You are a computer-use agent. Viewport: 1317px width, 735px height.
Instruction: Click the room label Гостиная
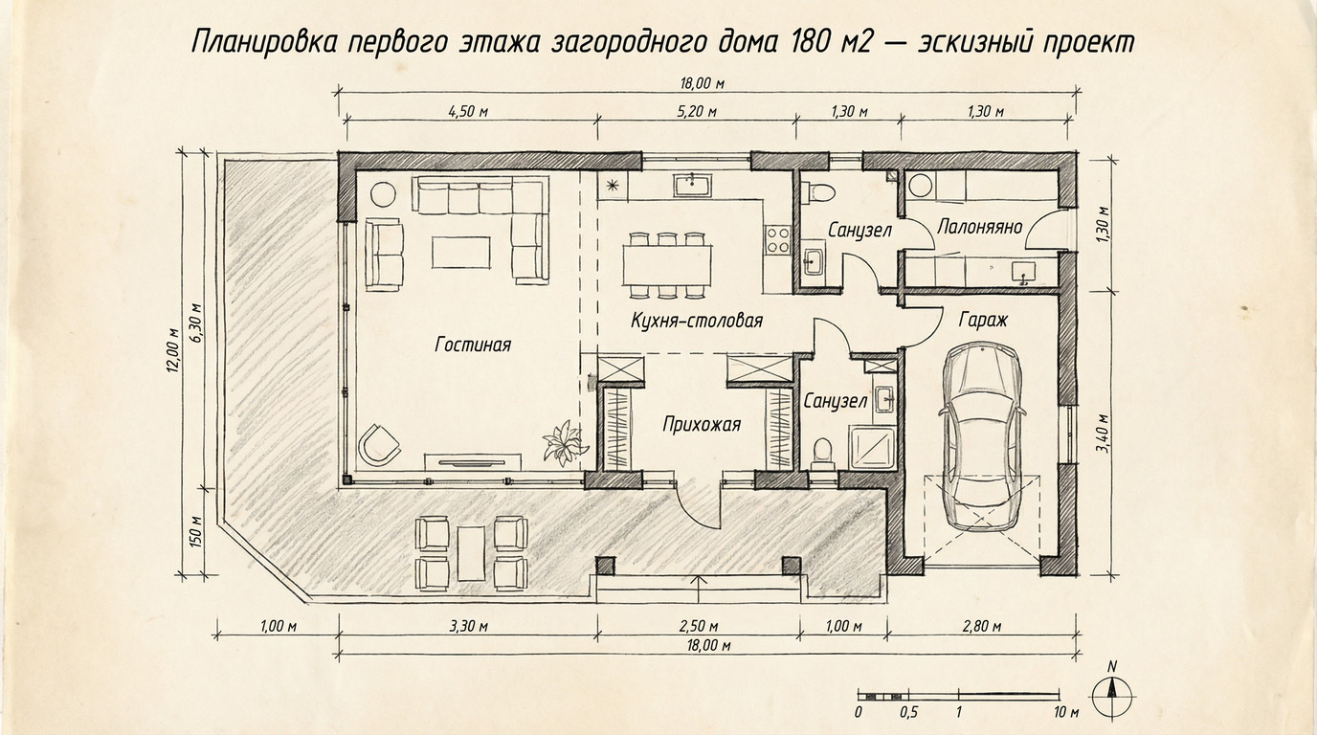click(473, 345)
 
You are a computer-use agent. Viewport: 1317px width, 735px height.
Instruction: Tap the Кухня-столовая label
click(697, 320)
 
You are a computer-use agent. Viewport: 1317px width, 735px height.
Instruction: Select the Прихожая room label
click(702, 424)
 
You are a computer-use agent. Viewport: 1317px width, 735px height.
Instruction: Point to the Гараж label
click(983, 320)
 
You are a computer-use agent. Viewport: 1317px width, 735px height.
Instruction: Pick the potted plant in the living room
click(565, 442)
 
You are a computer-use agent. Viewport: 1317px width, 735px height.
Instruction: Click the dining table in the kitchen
click(667, 264)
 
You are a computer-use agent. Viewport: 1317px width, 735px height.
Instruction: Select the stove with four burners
click(777, 238)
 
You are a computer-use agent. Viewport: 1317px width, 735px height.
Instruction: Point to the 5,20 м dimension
click(697, 112)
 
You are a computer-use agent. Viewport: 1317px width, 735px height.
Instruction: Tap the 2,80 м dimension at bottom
click(981, 627)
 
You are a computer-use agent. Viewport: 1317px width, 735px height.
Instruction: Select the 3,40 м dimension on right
click(1103, 433)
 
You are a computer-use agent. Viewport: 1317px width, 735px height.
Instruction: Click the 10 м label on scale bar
click(1065, 713)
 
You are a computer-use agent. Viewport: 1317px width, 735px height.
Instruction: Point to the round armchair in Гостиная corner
click(380, 443)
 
